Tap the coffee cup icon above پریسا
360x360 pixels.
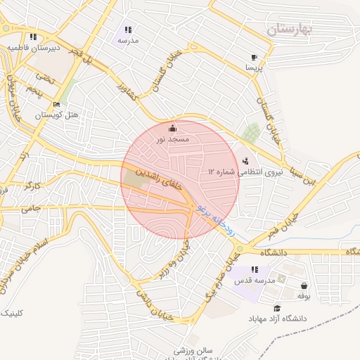click(x=254, y=58)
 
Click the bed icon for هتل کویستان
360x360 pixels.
click(x=57, y=104)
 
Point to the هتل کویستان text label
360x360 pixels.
click(x=56, y=114)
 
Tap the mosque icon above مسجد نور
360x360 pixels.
click(x=173, y=129)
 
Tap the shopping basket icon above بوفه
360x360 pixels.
click(x=304, y=285)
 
